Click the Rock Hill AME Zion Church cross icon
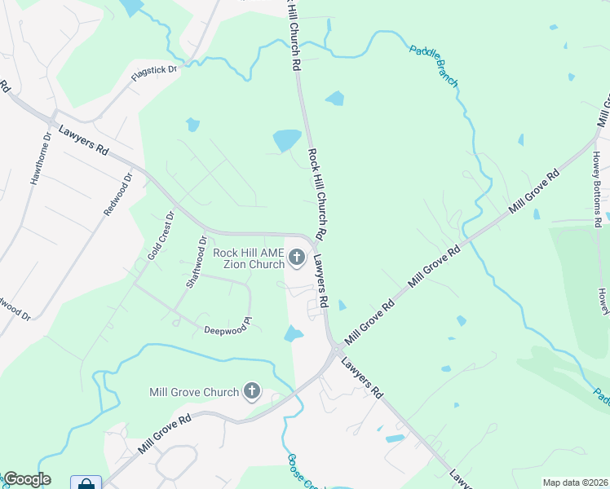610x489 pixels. [x=297, y=258]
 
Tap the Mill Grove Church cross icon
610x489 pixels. [x=252, y=392]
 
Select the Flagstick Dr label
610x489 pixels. [x=155, y=74]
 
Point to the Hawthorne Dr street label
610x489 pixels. [x=41, y=158]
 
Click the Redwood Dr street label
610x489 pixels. [x=117, y=194]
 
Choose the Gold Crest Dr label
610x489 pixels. [x=160, y=236]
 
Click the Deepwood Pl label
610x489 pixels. [x=225, y=327]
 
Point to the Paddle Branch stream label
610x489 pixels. [x=434, y=66]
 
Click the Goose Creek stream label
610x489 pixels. [x=295, y=471]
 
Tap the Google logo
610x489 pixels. [x=27, y=479]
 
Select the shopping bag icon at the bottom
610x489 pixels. [x=86, y=482]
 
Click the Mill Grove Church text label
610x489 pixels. [x=194, y=392]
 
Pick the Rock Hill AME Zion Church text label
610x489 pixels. [x=249, y=258]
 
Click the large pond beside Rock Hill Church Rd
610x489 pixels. [x=286, y=140]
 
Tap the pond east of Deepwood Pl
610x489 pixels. [x=294, y=333]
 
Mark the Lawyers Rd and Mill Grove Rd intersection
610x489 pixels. [x=334, y=348]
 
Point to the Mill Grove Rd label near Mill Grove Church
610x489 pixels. [x=164, y=434]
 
